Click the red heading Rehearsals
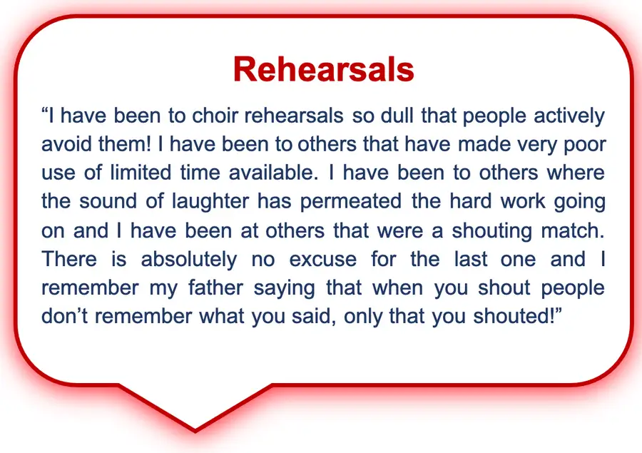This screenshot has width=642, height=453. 323,69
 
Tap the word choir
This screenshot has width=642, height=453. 214,116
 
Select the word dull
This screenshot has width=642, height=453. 397,116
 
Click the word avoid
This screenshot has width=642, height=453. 67,144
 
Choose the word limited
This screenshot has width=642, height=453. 141,173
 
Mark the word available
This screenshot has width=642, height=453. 273,173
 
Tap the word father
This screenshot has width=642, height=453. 215,287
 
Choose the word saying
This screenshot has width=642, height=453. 284,289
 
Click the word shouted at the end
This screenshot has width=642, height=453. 514,316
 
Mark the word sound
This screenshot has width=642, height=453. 107,201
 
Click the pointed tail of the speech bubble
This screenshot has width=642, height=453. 195,431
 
